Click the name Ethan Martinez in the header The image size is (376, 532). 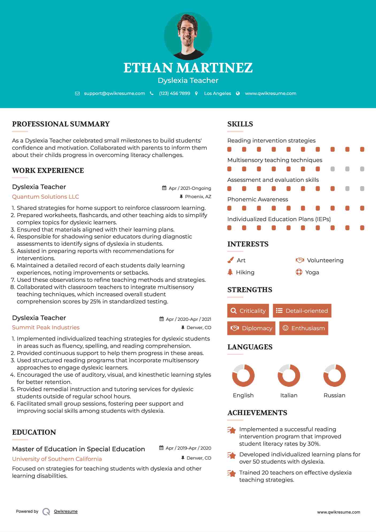point(188,68)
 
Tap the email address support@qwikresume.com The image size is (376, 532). point(114,94)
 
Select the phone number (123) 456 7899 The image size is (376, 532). point(175,94)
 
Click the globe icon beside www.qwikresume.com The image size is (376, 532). point(238,94)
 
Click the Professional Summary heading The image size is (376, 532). point(61,124)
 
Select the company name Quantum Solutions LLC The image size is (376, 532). point(45,197)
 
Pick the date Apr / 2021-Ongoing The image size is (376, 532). point(190,188)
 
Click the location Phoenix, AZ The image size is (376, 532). point(198,197)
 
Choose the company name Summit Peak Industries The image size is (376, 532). point(46,327)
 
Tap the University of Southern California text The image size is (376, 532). point(57,459)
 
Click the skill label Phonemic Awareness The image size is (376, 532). point(258,199)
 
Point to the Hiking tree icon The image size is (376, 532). point(230,272)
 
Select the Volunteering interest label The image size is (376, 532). point(325,260)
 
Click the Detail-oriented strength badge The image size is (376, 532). point(302,311)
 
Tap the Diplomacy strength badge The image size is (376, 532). point(251,328)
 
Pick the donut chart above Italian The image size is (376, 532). point(289,375)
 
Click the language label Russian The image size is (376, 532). point(334,395)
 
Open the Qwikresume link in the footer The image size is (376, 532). point(66,511)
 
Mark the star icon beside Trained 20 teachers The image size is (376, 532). point(231,473)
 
